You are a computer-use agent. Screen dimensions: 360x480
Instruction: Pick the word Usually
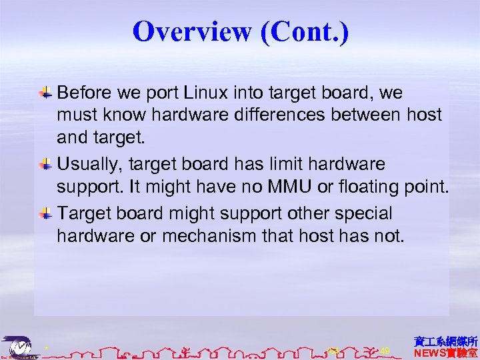tap(92, 164)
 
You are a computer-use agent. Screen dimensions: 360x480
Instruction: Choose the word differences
tap(291, 115)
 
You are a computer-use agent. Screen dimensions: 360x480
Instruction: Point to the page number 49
tap(385, 350)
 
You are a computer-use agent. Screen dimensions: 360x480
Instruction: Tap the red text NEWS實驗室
tap(445, 353)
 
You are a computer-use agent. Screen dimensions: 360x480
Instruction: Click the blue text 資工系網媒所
tap(445, 341)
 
